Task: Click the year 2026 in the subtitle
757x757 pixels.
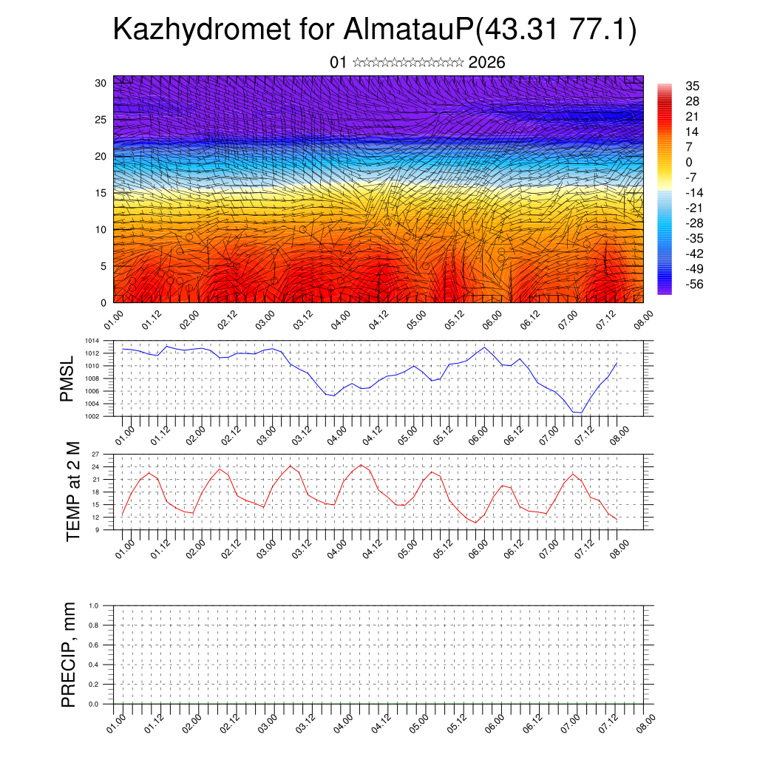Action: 486,63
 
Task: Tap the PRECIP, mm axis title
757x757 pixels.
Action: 69,654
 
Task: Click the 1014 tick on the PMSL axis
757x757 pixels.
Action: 92,341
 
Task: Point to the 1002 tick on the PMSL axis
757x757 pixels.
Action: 92,416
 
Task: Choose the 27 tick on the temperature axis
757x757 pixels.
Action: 96,454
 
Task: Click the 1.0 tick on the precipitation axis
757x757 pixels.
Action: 95,605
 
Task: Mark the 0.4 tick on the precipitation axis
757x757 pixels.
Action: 95,665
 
